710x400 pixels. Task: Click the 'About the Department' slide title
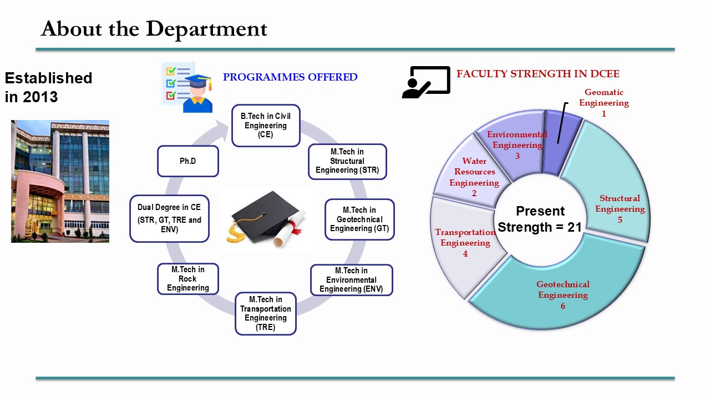pyautogui.click(x=154, y=29)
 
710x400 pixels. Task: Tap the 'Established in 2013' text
pyautogui.click(x=48, y=87)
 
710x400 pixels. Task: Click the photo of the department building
pyautogui.click(x=60, y=181)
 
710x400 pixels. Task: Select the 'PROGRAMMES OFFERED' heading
pyautogui.click(x=290, y=77)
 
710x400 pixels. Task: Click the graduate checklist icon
pyautogui.click(x=186, y=87)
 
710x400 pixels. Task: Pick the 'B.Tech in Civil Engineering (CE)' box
pyautogui.click(x=266, y=126)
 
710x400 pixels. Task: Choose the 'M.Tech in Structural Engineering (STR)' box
pyautogui.click(x=347, y=161)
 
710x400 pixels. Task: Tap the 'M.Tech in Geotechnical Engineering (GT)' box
pyautogui.click(x=359, y=219)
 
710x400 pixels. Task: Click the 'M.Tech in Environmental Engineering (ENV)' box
pyautogui.click(x=351, y=280)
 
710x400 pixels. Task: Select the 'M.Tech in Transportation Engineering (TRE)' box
pyautogui.click(x=266, y=313)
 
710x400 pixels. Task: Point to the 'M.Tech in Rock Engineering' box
pyautogui.click(x=188, y=278)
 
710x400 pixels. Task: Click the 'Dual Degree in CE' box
pyautogui.click(x=169, y=218)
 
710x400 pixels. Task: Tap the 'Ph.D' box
pyautogui.click(x=188, y=161)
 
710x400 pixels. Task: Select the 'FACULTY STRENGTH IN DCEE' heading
pyautogui.click(x=537, y=74)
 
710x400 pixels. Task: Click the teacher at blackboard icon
pyautogui.click(x=425, y=82)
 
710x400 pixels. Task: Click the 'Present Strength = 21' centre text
pyautogui.click(x=539, y=219)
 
